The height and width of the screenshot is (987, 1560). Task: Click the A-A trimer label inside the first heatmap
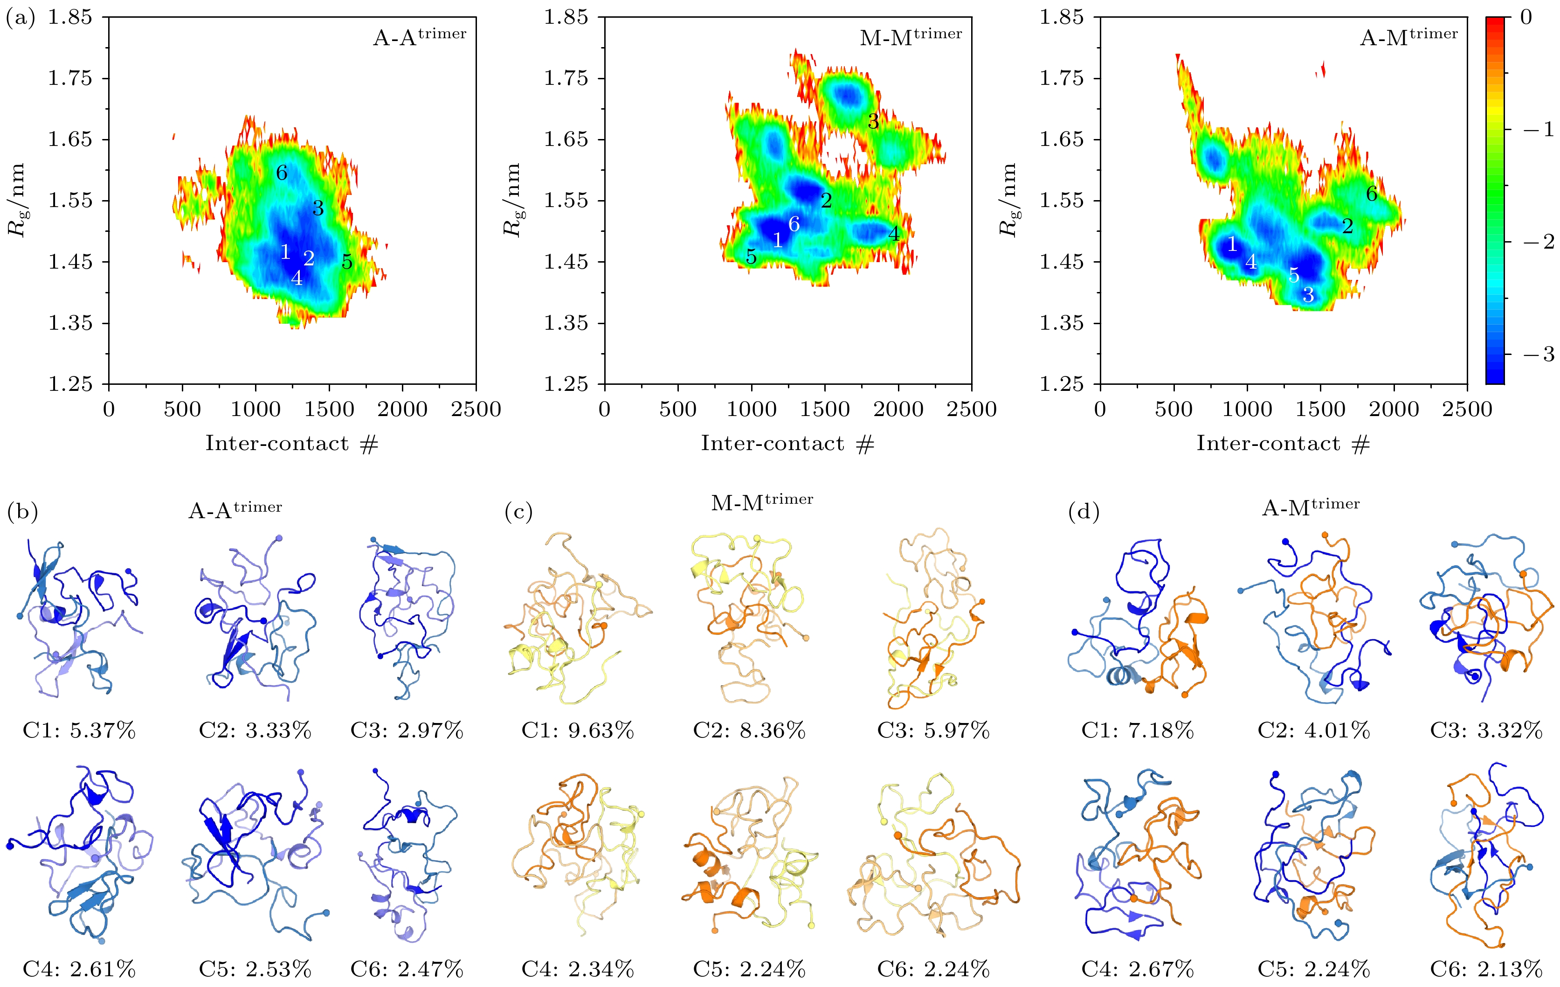coord(419,37)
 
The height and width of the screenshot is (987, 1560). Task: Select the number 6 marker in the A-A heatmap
coord(281,173)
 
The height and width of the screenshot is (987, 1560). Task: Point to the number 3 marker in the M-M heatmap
coord(873,121)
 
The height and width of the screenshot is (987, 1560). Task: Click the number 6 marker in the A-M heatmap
coord(1372,194)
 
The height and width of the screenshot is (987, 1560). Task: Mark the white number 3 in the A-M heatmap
coord(1308,296)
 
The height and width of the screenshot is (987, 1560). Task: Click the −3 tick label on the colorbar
coord(1538,354)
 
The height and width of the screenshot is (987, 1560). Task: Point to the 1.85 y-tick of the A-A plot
coord(70,17)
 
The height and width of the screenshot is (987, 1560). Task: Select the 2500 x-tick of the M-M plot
coord(971,410)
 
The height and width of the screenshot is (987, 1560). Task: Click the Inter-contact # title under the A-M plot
coord(1283,444)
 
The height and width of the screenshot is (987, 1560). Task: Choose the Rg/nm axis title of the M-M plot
coord(512,200)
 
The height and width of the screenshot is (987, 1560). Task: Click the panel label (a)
coord(20,18)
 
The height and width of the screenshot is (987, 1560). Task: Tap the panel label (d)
coord(1083,512)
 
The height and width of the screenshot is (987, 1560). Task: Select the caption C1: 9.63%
coord(577,731)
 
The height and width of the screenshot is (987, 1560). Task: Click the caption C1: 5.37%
coord(79,731)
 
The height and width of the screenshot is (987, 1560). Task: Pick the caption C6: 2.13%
coord(1486,969)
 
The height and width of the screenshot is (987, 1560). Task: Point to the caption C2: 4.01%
coord(1313,731)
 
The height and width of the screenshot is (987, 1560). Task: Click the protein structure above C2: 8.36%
coord(748,619)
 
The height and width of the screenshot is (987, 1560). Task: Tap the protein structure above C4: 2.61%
coord(79,852)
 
